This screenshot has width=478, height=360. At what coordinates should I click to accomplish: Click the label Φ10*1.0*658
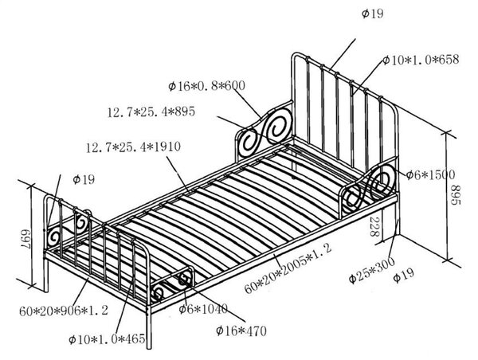tap(421, 60)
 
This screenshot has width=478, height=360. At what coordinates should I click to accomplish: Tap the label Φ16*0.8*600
tap(206, 86)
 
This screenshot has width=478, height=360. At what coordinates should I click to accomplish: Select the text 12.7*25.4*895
tap(151, 112)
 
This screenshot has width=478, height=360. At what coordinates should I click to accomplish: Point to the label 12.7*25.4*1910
tap(133, 147)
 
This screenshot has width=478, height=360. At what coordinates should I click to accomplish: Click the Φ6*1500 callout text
tap(430, 174)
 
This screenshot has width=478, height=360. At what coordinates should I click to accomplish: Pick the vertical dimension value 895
tap(455, 195)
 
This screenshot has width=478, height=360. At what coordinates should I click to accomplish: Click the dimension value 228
tap(374, 227)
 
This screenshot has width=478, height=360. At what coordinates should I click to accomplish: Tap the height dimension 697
tap(25, 237)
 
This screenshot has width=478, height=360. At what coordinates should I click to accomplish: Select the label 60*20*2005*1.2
tap(288, 268)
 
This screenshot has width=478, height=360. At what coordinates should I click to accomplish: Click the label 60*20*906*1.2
tap(64, 311)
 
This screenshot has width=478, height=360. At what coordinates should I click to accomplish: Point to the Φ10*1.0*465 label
tap(107, 339)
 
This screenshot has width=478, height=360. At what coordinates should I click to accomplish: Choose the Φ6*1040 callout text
tap(203, 309)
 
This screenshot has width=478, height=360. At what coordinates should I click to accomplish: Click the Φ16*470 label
tap(241, 331)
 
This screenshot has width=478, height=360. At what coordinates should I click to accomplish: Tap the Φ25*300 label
tap(372, 270)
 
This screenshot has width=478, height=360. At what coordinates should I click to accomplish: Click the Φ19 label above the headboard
tap(373, 14)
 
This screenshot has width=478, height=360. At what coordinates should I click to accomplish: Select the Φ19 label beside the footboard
tap(84, 179)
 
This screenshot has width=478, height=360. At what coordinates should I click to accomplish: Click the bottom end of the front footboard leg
tap(149, 347)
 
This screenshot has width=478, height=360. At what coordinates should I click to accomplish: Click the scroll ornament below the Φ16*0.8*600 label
tap(264, 131)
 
